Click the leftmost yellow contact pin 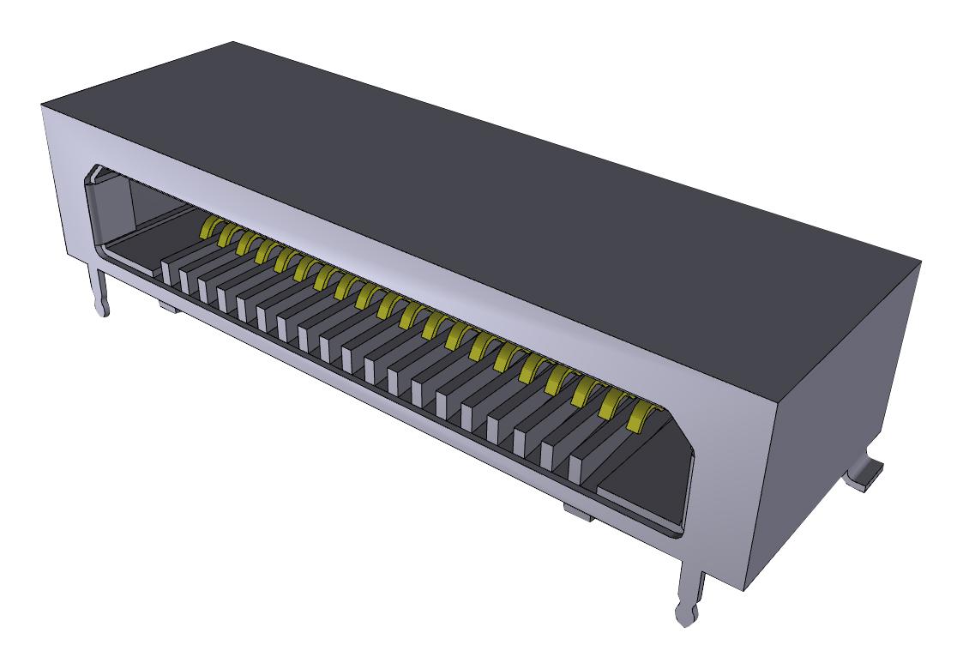coord(208,226)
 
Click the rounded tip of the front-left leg coord(104,308)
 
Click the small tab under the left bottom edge coord(168,305)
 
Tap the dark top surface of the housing coord(480,189)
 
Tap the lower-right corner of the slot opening coord(682,532)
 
